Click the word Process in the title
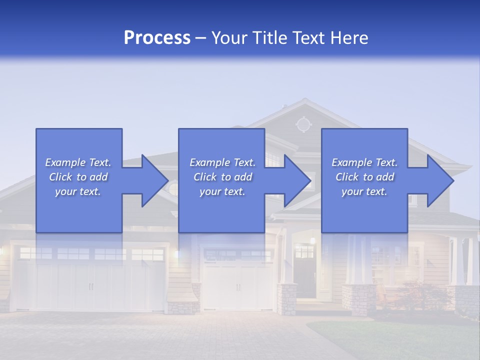point(157,38)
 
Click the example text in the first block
point(78,177)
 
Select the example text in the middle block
point(222,177)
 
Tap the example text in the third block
point(364,177)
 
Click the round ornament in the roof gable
point(303,124)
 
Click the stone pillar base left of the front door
point(287,299)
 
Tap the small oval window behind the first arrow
point(173,189)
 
